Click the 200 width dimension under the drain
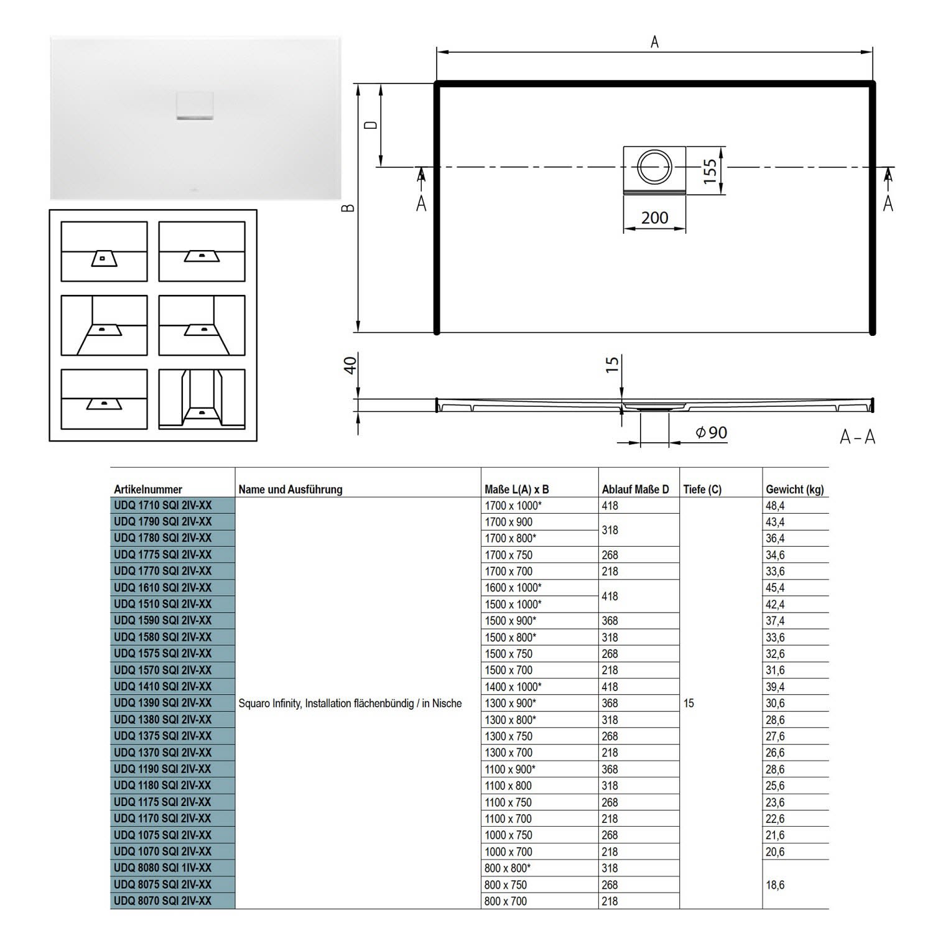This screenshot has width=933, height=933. (654, 218)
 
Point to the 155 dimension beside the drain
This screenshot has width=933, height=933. (710, 170)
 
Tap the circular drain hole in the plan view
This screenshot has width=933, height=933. (654, 167)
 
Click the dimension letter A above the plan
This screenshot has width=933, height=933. (654, 42)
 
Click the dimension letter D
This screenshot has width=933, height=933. (371, 125)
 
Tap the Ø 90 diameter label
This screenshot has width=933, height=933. (711, 432)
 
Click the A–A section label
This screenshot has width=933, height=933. (857, 437)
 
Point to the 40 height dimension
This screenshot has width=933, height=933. (351, 364)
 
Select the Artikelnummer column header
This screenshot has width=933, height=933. (148, 490)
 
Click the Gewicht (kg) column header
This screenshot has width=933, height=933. (794, 490)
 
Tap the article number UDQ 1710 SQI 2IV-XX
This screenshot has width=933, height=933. (163, 506)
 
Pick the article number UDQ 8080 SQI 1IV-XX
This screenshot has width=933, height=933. (163, 868)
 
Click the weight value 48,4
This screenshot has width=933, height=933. (775, 506)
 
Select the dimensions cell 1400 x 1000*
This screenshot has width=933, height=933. (513, 687)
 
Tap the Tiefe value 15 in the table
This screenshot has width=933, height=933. (689, 703)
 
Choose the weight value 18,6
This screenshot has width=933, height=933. (775, 884)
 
